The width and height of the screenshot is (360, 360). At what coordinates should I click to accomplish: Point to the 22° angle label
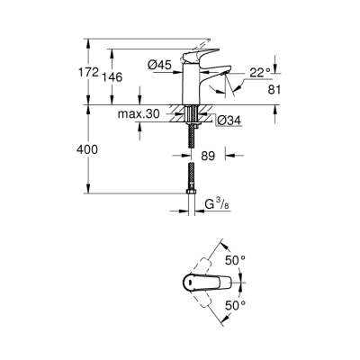(259, 72)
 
